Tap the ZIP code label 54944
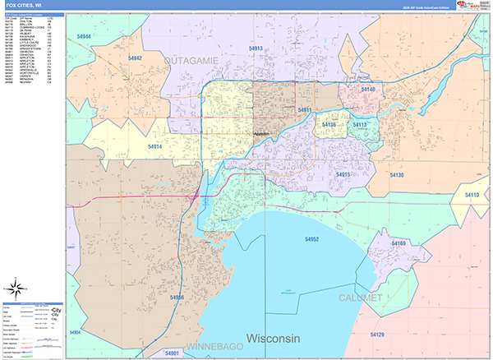[79, 37]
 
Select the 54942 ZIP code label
[135, 58]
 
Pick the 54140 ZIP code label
[367, 90]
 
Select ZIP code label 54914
[156, 146]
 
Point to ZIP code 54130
[396, 176]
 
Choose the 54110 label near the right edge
[472, 193]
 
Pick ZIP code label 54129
[376, 335]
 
